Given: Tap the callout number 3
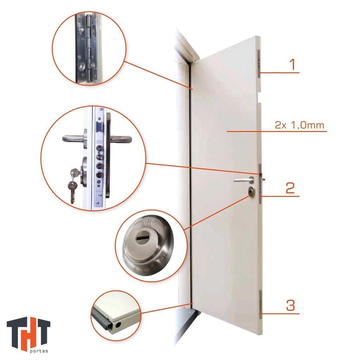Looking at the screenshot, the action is click(290, 305).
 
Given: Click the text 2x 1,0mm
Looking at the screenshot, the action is click(299, 125).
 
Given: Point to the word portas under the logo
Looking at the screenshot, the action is click(39, 351).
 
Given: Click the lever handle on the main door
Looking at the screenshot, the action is click(244, 180).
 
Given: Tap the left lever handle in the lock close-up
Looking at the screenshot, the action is click(74, 139).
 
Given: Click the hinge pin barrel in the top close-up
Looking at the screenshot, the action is click(89, 49).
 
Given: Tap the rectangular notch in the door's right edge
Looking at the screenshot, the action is click(259, 97).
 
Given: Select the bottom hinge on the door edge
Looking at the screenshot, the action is click(261, 304).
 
